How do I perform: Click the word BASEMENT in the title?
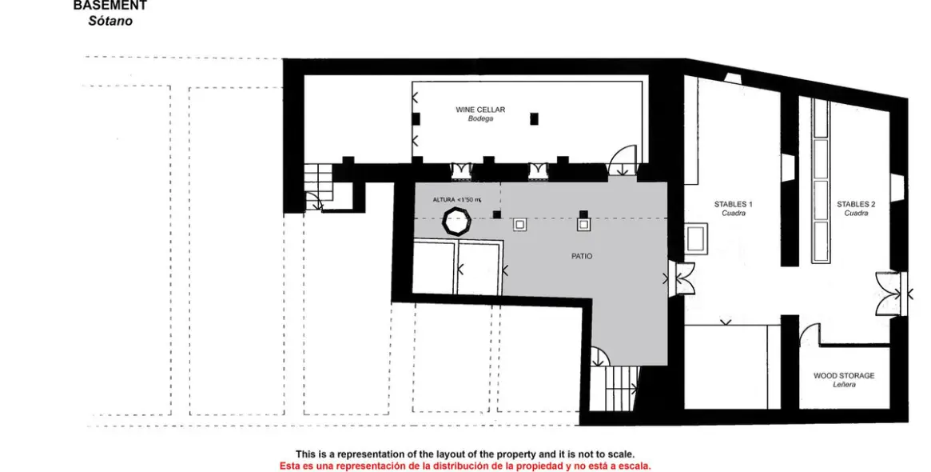(109, 6)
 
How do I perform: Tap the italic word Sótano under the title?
(110, 22)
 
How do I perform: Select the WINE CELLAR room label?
(480, 110)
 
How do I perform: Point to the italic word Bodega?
(480, 119)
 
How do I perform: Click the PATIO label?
(582, 256)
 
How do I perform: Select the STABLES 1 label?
(733, 204)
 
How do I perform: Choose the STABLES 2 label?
(856, 204)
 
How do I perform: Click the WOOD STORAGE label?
(844, 375)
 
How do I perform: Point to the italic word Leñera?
(844, 385)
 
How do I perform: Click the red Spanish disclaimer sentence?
(465, 466)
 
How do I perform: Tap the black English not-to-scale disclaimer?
(465, 454)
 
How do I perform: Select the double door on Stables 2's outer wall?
(889, 294)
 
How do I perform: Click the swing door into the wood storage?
(809, 334)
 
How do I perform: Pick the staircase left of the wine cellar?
(319, 186)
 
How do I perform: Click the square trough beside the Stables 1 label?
(695, 239)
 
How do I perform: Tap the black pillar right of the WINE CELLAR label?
(534, 118)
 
